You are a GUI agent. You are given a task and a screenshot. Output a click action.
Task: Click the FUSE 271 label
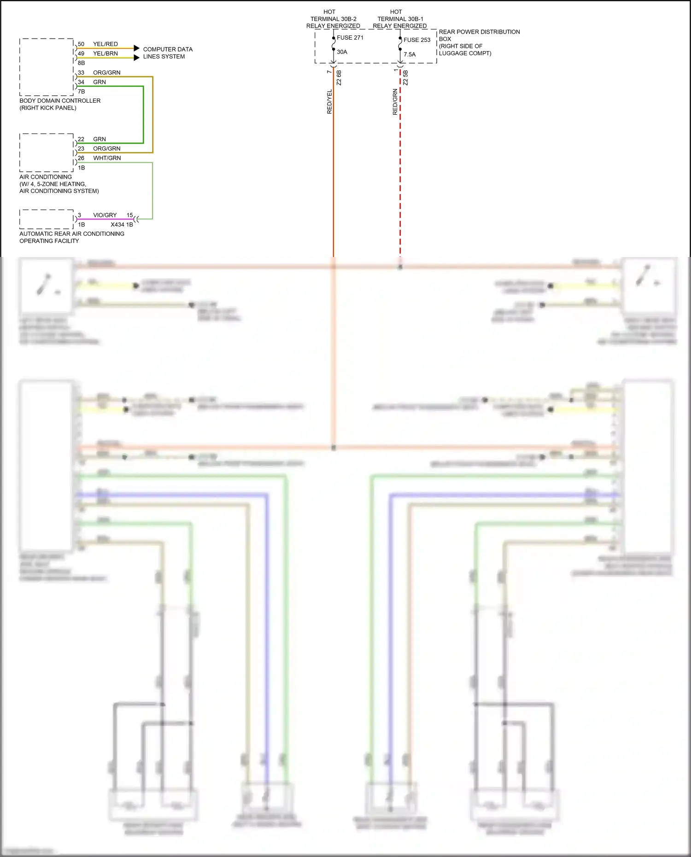click(350, 38)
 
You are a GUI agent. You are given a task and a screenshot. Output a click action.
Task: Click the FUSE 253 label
click(416, 40)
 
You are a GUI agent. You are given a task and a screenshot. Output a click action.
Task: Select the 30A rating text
click(342, 52)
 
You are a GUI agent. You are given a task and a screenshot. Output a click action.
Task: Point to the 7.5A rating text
click(410, 54)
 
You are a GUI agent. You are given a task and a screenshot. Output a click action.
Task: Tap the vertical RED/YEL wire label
click(329, 101)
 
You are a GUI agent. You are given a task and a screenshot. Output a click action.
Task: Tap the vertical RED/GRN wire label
click(395, 102)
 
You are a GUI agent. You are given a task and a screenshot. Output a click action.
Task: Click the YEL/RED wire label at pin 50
click(105, 44)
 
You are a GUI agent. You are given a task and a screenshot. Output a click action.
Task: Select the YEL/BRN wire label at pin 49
click(105, 53)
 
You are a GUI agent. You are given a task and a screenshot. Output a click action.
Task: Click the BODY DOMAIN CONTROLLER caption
click(60, 101)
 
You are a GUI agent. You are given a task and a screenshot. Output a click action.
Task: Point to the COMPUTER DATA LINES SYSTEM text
click(168, 53)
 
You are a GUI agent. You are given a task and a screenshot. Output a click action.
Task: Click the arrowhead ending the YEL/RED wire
click(136, 48)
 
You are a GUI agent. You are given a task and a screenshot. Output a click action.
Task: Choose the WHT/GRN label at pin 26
click(107, 158)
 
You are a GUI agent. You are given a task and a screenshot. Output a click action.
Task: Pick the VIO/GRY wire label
click(105, 215)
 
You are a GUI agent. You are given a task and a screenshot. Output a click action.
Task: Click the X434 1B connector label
click(122, 225)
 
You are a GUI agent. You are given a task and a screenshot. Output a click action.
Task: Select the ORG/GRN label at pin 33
click(106, 73)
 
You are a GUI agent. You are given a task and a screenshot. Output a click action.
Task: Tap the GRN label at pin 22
click(100, 139)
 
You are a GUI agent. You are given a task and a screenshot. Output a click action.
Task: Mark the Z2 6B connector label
click(340, 77)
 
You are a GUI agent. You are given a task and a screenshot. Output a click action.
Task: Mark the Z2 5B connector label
click(406, 77)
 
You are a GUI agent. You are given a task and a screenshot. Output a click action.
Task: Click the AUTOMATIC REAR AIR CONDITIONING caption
click(72, 234)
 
